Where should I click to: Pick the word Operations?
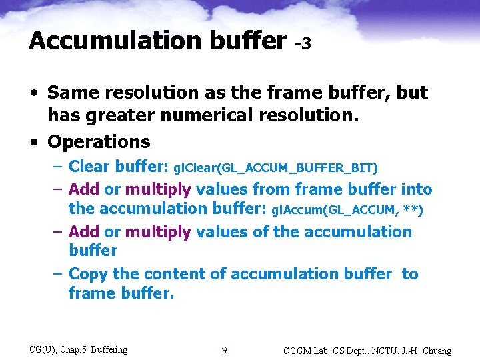pyautogui.click(x=99, y=142)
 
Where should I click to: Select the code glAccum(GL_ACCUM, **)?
pyautogui.click(x=347, y=209)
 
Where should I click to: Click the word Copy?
pyautogui.click(x=89, y=274)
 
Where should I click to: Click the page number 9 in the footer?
pyautogui.click(x=225, y=350)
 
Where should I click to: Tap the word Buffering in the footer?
pyautogui.click(x=109, y=349)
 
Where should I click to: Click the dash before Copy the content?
pyautogui.click(x=57, y=274)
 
